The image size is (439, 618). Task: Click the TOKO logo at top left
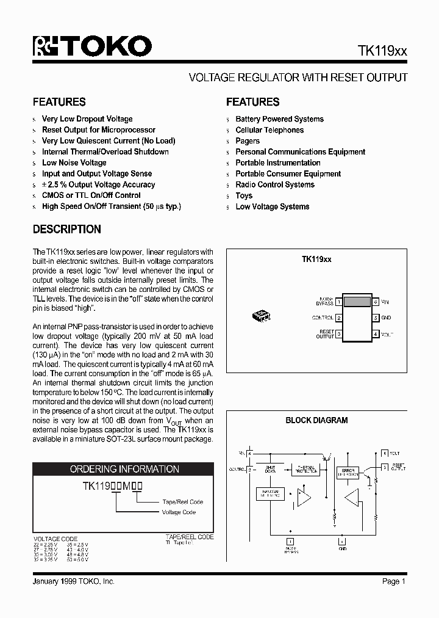(x=91, y=47)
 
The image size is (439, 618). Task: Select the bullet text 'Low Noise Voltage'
(x=74, y=162)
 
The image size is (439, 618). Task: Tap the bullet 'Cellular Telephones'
(x=269, y=130)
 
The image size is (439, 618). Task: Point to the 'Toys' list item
(x=244, y=195)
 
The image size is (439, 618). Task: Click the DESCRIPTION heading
(x=67, y=230)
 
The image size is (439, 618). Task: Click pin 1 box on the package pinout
(x=338, y=302)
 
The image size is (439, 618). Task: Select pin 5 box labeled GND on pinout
(x=377, y=318)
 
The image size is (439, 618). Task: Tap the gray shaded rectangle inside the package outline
(x=357, y=301)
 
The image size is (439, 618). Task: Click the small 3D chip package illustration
(x=262, y=315)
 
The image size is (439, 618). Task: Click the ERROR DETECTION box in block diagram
(x=348, y=473)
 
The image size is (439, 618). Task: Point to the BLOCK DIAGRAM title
(x=316, y=420)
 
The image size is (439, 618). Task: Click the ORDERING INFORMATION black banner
(x=124, y=469)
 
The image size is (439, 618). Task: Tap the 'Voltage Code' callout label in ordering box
(x=179, y=512)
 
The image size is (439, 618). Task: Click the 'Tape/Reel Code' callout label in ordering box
(x=183, y=502)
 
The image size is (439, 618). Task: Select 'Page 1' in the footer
(x=394, y=581)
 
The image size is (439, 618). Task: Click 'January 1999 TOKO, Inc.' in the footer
(x=73, y=581)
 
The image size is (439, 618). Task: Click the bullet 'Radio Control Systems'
(x=274, y=184)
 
